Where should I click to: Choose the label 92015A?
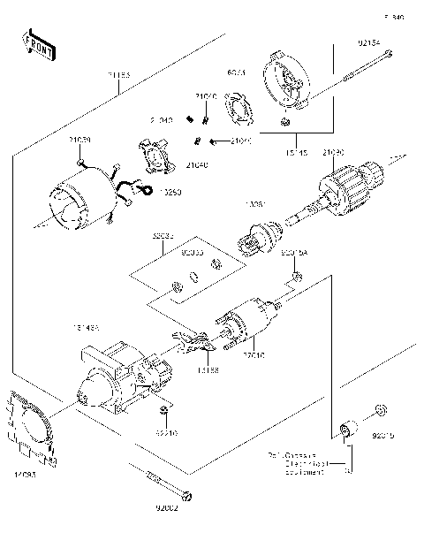coord(295,253)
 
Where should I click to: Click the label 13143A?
coord(87,328)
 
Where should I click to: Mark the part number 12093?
coord(25,476)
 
